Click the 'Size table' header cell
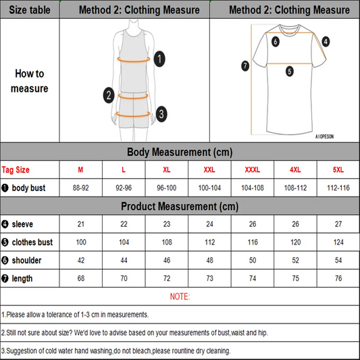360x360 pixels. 30,9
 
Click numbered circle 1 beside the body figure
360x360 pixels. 159,59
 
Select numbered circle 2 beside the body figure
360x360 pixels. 108,95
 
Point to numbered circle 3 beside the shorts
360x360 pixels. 161,113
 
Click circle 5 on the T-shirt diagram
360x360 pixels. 289,70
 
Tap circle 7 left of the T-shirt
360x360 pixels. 245,66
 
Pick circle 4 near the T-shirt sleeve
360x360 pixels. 326,41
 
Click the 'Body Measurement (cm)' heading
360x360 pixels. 180,152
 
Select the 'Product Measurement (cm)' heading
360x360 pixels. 180,206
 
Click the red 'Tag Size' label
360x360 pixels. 16,170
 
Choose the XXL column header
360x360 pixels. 209,170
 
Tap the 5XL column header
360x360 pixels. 338,170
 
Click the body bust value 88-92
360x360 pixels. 81,188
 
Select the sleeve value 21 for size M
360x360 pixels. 81,224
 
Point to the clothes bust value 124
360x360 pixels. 338,242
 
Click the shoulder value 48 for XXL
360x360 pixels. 209,259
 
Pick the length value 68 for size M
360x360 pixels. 81,278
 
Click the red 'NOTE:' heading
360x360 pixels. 180,297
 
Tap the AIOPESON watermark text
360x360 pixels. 324,136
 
